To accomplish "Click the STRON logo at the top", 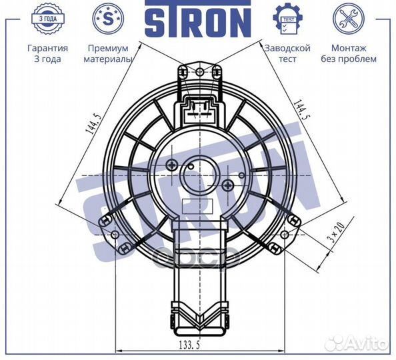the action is point(198,18).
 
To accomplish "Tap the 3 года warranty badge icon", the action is point(48,19).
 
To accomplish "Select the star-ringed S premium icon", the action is point(108,19).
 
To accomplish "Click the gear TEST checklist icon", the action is point(287,19).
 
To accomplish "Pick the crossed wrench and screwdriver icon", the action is point(349,19).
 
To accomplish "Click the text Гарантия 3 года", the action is point(48,53).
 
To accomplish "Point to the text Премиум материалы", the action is point(108,53).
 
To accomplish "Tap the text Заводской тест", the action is point(287,53).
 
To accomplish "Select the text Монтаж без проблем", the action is point(349,53).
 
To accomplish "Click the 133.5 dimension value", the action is point(189,345).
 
